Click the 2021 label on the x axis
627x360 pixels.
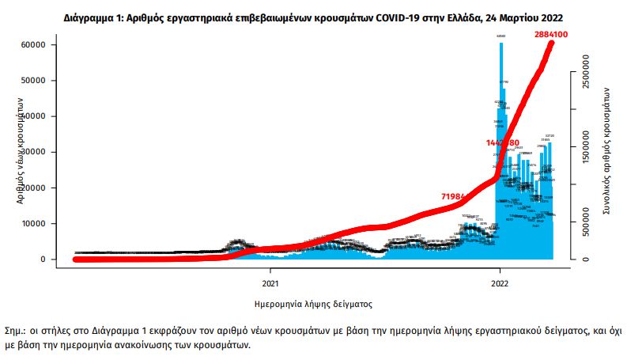(x=270, y=282)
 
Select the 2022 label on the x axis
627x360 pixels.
(x=500, y=282)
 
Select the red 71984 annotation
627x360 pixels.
(x=457, y=195)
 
